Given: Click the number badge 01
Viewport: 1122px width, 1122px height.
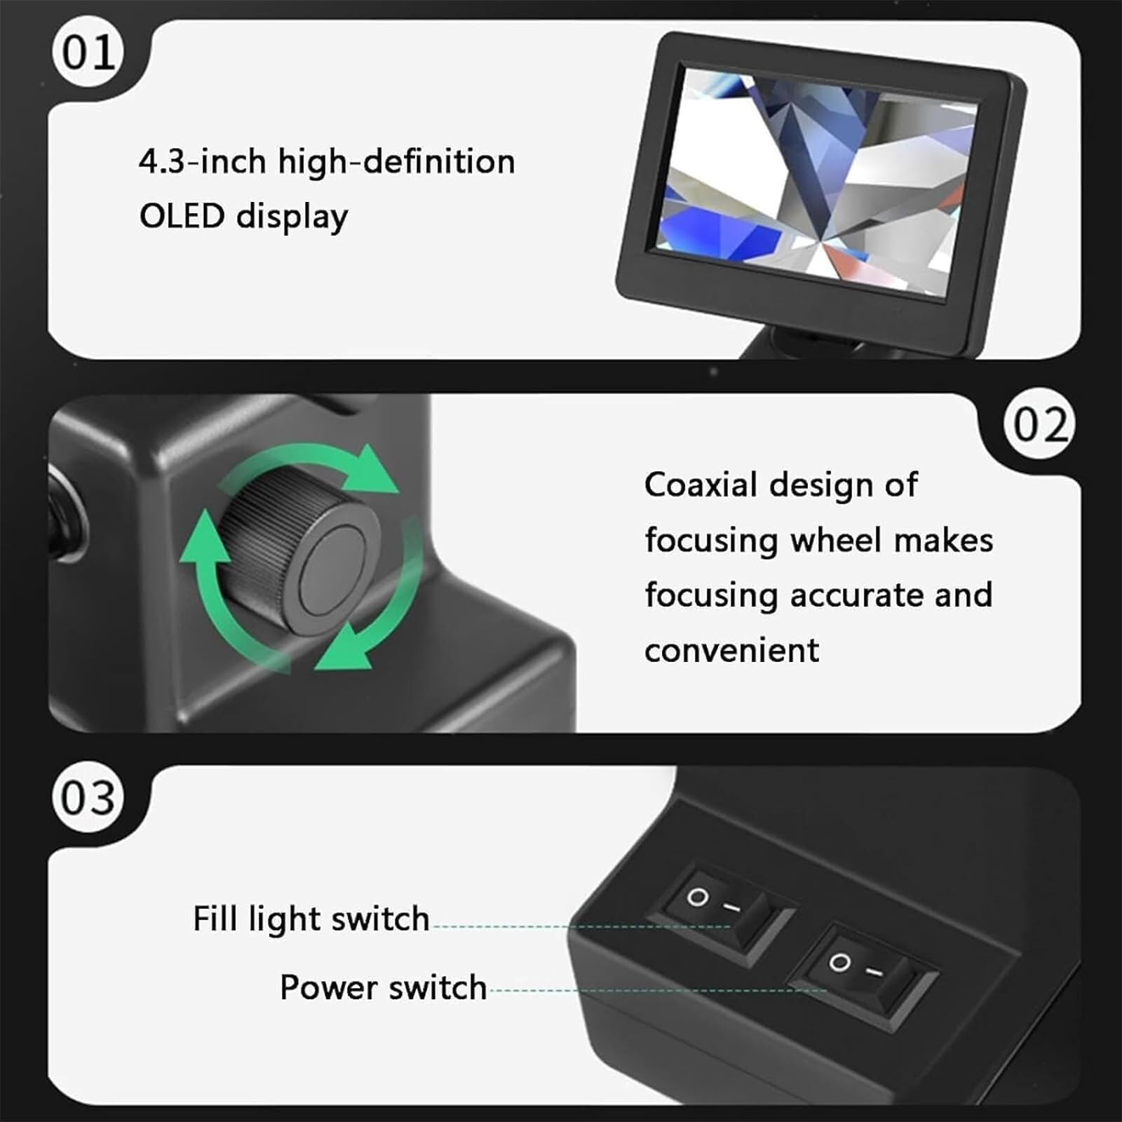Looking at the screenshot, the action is click(x=88, y=52).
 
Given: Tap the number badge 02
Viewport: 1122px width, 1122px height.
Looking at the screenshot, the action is click(x=1039, y=424).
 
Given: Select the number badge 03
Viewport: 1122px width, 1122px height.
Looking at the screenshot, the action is click(x=88, y=797).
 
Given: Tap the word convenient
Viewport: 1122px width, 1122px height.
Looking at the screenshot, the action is click(x=731, y=650).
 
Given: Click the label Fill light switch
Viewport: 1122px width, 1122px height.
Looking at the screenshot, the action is click(x=311, y=919).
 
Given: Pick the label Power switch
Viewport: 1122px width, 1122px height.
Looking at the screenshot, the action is click(x=383, y=987).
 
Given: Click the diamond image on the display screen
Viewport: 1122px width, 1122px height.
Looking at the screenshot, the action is click(x=813, y=179).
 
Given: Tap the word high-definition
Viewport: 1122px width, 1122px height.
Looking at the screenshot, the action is click(x=396, y=162).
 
